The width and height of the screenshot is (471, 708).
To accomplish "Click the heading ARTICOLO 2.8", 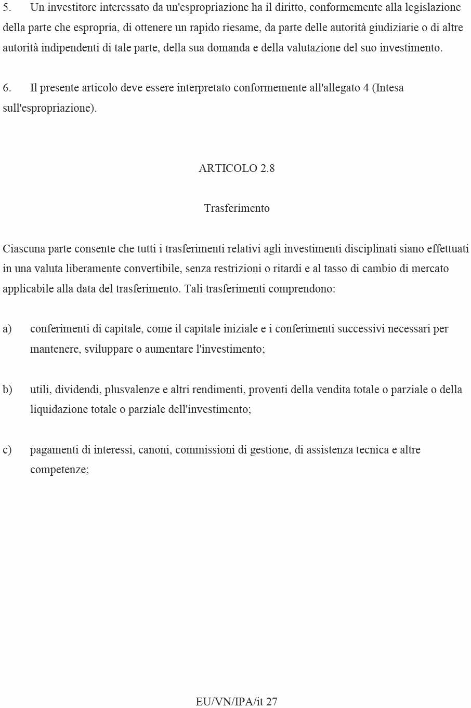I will point(237,168).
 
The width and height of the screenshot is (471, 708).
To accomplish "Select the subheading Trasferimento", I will point(237,208).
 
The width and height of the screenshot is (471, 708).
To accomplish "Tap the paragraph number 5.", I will point(7,8).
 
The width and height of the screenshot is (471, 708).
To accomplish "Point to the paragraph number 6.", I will point(7,88).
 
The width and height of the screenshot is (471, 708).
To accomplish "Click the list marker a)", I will point(7,329).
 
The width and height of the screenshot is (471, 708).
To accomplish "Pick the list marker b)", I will point(7,390).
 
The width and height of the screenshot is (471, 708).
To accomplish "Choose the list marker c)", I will point(7,450).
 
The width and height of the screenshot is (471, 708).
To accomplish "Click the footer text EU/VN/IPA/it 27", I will point(237,701).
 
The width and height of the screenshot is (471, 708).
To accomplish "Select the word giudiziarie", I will point(394,28).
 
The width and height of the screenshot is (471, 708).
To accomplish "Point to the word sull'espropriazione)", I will point(50,108).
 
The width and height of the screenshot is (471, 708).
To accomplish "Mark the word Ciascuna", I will point(24,249).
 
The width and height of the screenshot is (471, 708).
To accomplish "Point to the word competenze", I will point(58,470).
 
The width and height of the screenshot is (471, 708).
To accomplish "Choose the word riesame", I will point(241,28).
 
